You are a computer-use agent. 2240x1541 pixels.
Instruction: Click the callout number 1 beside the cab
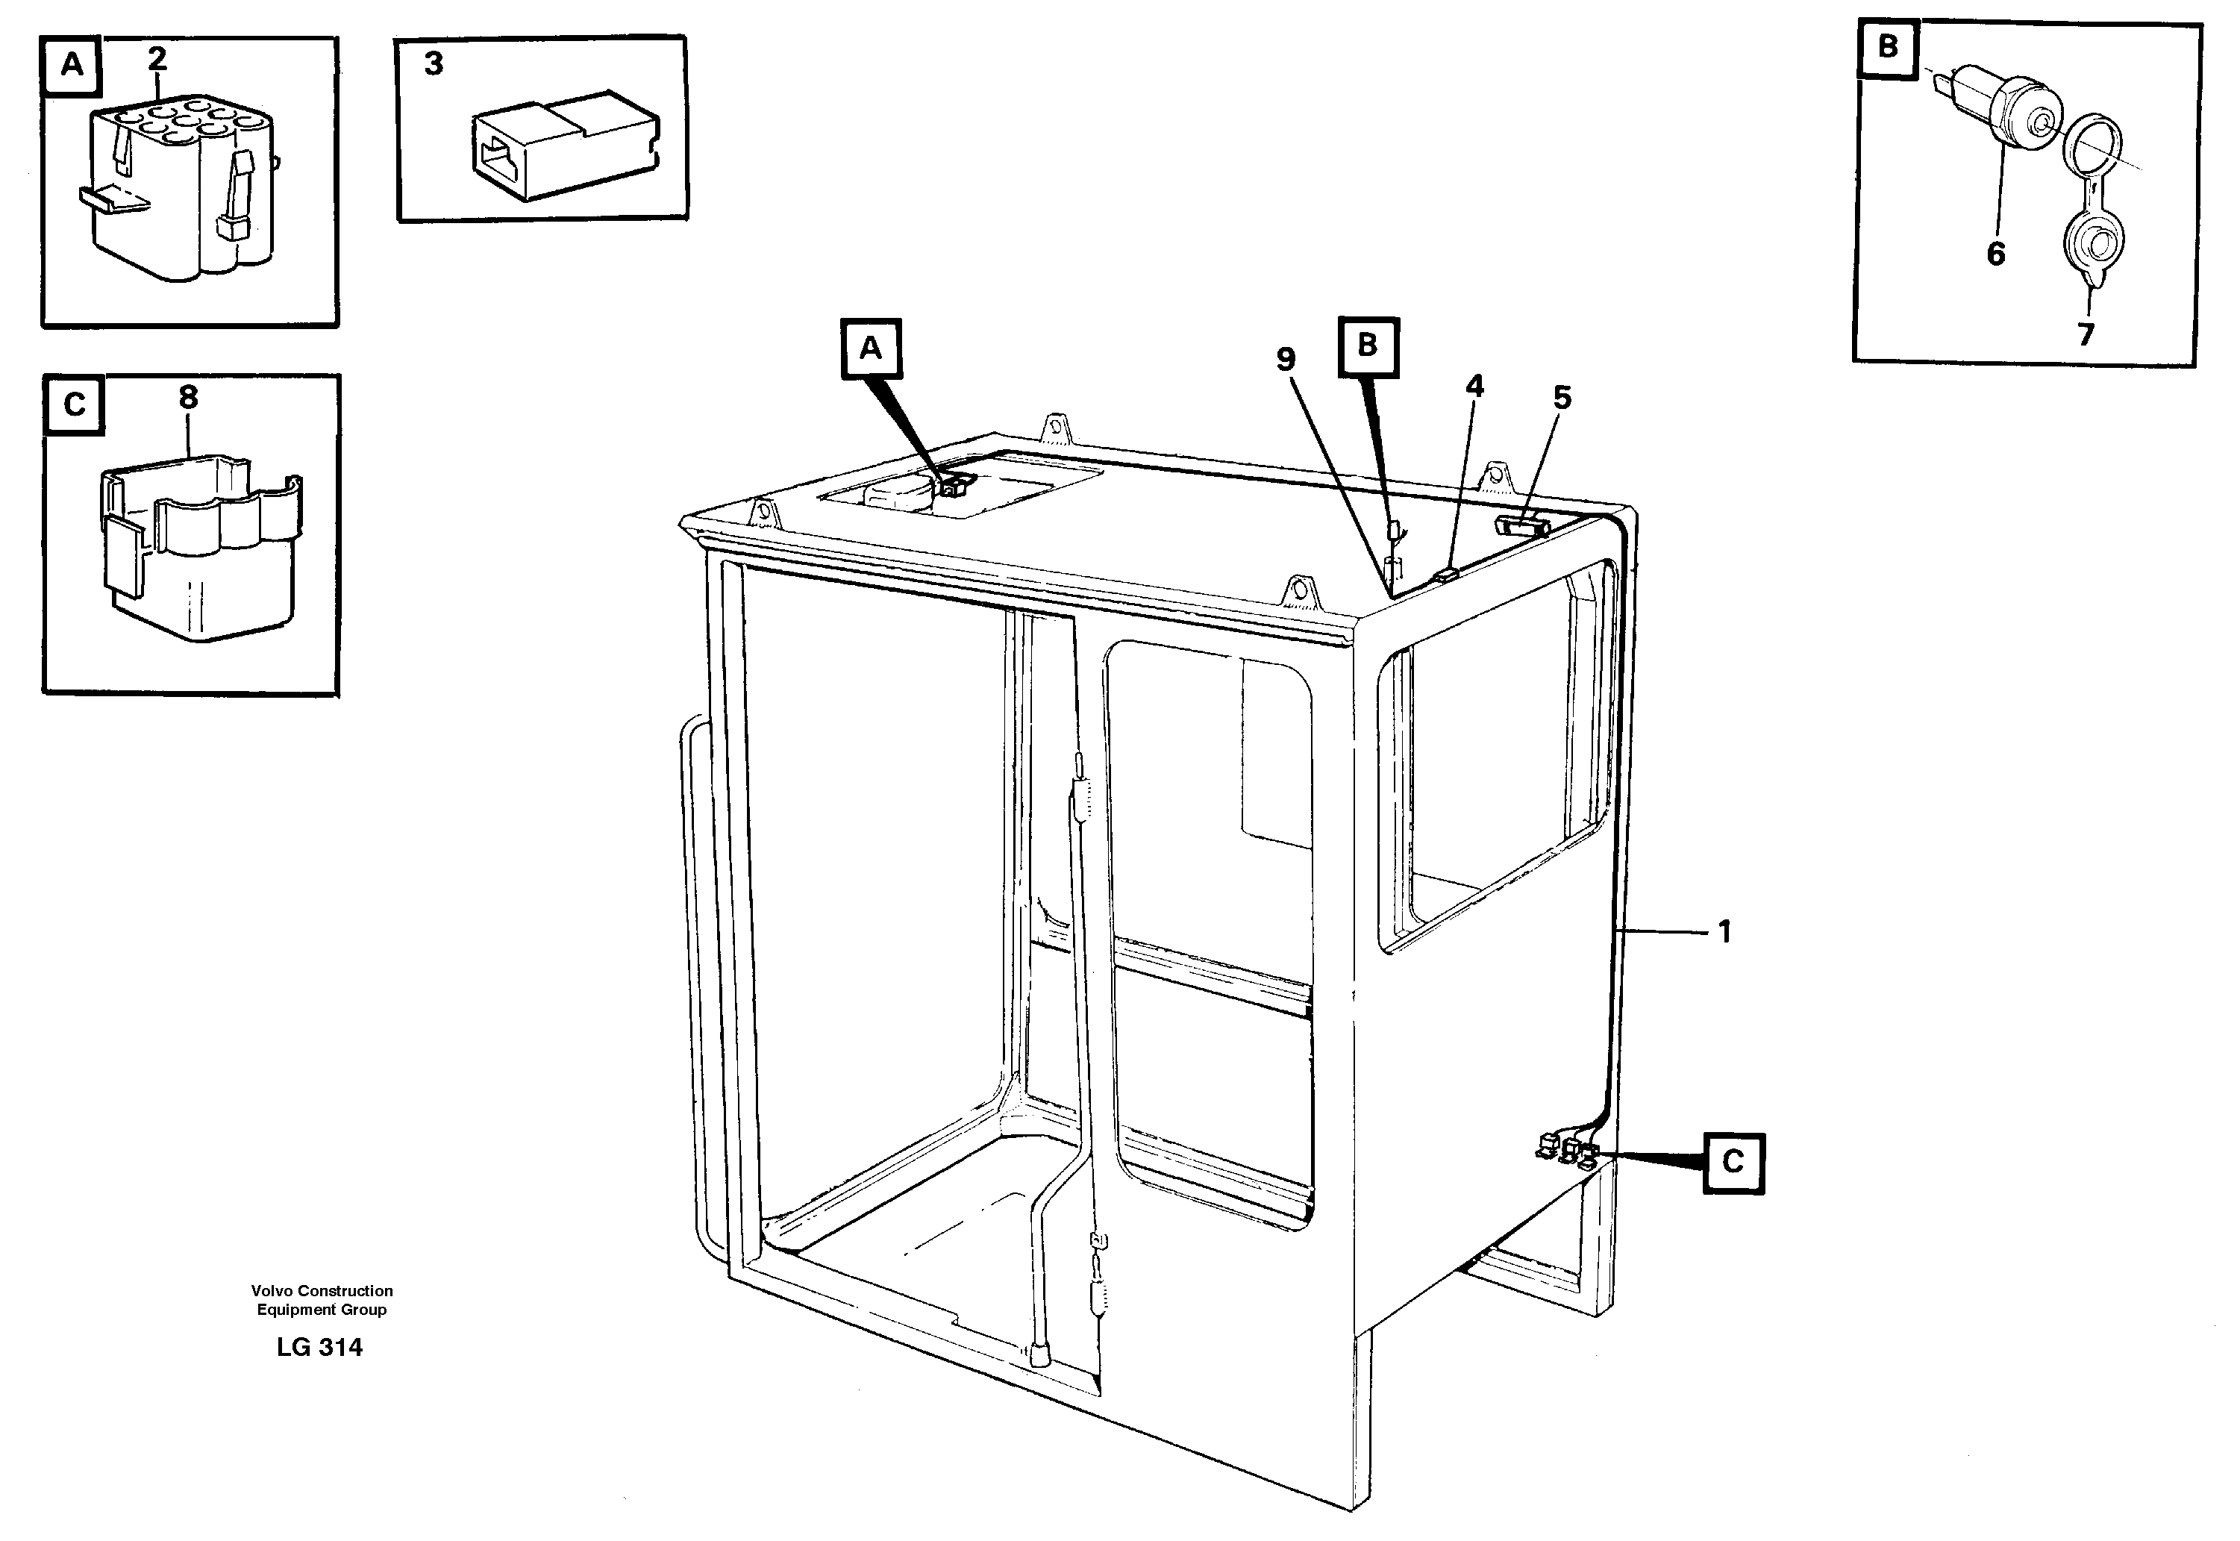pyautogui.click(x=1724, y=933)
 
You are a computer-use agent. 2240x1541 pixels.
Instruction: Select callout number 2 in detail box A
pyautogui.click(x=157, y=59)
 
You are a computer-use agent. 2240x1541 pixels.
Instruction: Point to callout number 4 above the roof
pyautogui.click(x=1474, y=387)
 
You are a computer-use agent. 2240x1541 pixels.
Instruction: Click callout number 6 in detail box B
pyautogui.click(x=1996, y=254)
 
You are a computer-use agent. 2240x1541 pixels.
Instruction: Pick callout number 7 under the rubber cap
pyautogui.click(x=2086, y=335)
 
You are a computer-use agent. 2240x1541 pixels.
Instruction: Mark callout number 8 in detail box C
pyautogui.click(x=188, y=397)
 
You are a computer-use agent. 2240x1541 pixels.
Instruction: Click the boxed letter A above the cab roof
pyautogui.click(x=871, y=348)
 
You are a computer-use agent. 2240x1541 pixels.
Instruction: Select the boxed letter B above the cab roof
pyautogui.click(x=1367, y=345)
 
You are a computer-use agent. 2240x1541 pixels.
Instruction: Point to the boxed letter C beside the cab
pyautogui.click(x=1733, y=1162)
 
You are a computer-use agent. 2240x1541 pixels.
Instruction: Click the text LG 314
pyautogui.click(x=319, y=1348)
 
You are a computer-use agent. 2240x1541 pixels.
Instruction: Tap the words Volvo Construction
pyautogui.click(x=322, y=1291)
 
